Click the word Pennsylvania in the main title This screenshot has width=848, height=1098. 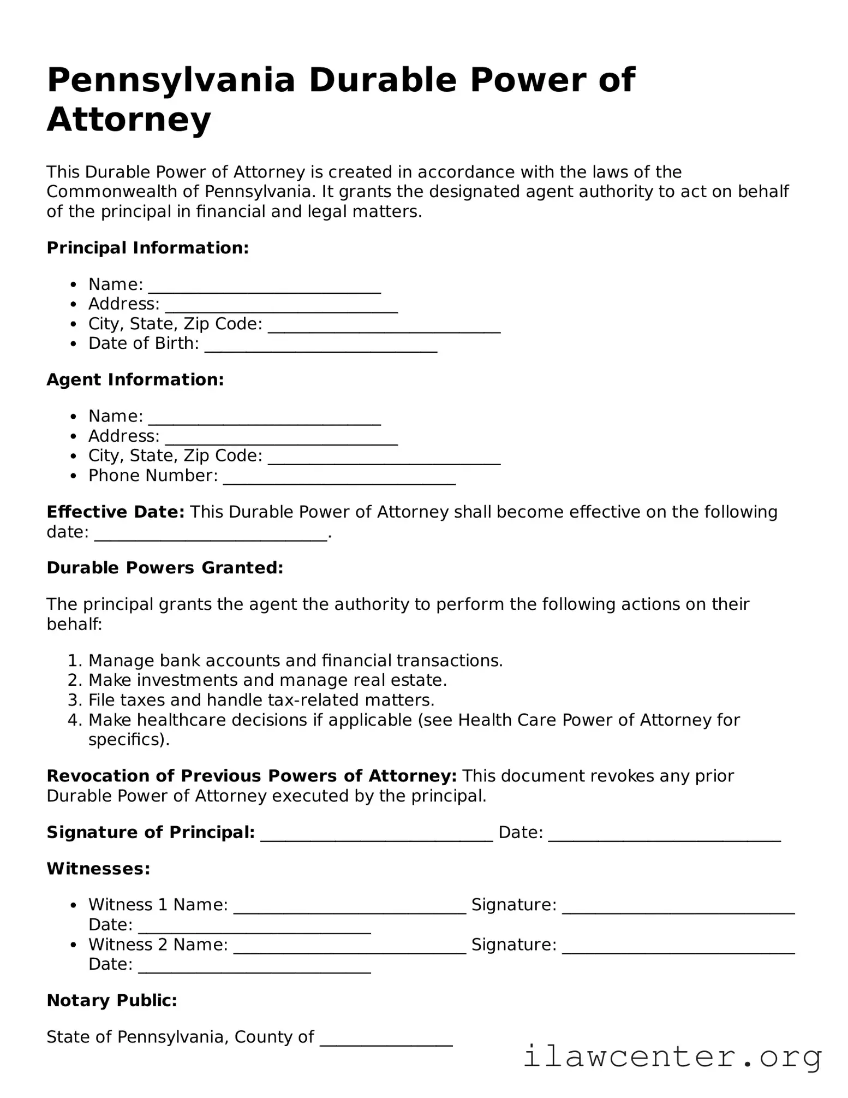click(x=171, y=80)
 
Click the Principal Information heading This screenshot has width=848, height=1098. click(x=147, y=248)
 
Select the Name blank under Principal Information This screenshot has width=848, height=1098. click(x=265, y=287)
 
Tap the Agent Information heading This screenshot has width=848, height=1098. click(x=135, y=379)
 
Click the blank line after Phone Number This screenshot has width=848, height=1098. click(x=339, y=478)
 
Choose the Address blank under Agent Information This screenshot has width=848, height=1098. click(x=282, y=439)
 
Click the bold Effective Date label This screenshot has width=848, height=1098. click(x=116, y=512)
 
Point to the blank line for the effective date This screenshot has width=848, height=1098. click(x=211, y=535)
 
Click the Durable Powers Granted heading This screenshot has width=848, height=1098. click(x=165, y=568)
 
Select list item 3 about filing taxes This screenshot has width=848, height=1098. click(x=261, y=700)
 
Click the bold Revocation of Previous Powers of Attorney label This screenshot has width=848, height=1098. click(x=252, y=776)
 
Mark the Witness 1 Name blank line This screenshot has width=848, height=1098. click(x=350, y=907)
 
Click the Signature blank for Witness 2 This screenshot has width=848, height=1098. click(x=678, y=947)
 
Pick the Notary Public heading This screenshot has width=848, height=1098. click(x=112, y=1000)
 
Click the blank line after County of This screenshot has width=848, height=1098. click(x=386, y=1040)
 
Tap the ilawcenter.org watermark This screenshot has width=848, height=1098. click(x=672, y=1056)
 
